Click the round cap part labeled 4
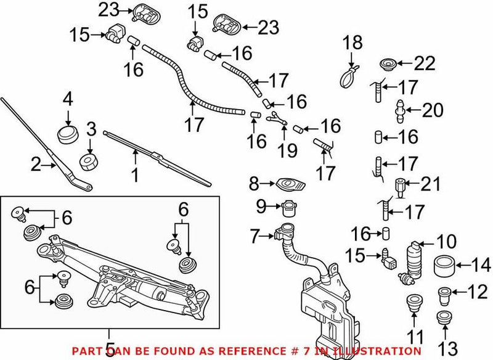pyautogui.click(x=68, y=134)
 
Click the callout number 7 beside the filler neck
pyautogui.click(x=256, y=235)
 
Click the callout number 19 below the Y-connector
pyautogui.click(x=287, y=150)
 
